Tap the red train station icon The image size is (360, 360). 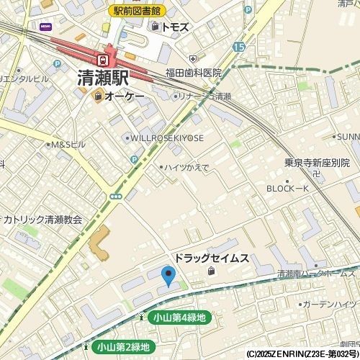(x=104, y=58)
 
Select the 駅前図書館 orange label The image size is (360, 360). (x=138, y=11)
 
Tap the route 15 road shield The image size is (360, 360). (x=238, y=46)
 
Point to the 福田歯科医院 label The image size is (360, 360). (x=194, y=73)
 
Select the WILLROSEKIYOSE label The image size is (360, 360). (x=166, y=138)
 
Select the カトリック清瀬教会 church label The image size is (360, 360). (x=42, y=219)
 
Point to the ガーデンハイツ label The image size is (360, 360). (x=330, y=305)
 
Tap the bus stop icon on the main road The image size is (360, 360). (x=115, y=196)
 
